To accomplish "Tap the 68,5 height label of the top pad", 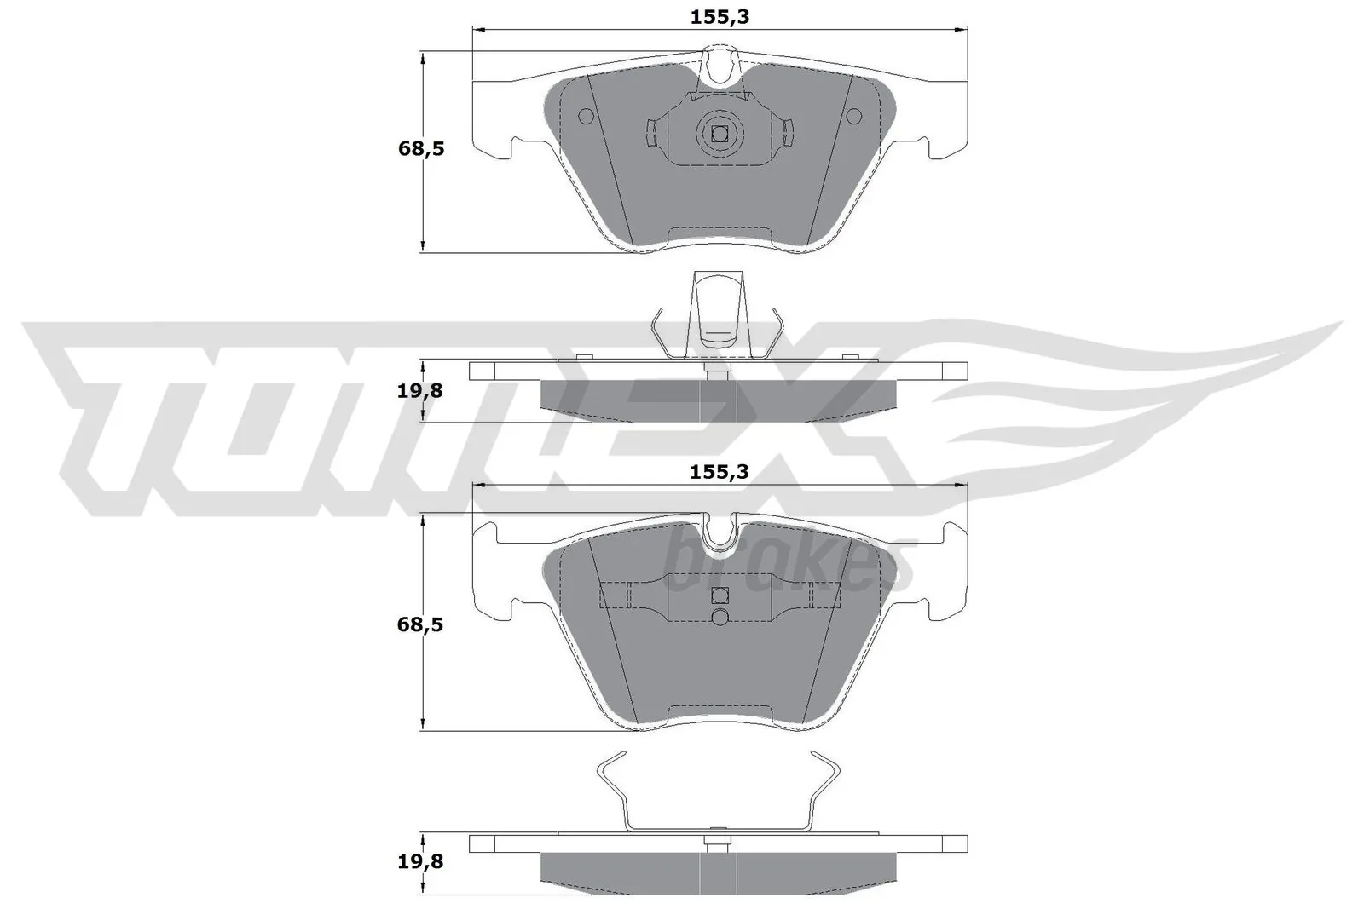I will coord(421,148).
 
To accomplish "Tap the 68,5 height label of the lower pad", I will coord(421,624).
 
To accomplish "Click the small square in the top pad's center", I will coord(720,133).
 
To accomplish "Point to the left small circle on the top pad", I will coord(586,117).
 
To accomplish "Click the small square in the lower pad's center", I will coord(720,595).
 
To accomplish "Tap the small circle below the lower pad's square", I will coord(720,617).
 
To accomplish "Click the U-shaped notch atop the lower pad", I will coord(720,532).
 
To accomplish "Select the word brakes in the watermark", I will coord(789,562).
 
